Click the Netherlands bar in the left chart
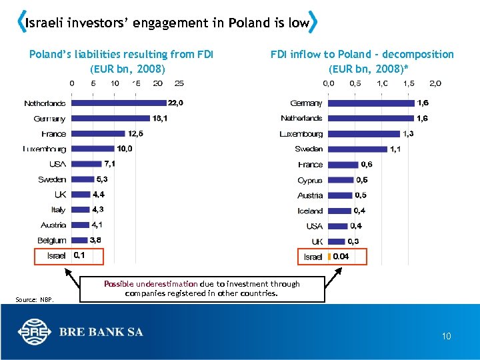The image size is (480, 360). (118, 103)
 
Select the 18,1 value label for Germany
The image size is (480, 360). (160, 119)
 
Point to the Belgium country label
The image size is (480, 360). (52, 240)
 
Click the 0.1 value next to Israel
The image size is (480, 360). (79, 255)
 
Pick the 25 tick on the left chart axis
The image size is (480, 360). (179, 83)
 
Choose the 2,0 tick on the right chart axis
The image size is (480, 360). (435, 83)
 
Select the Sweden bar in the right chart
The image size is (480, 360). (357, 149)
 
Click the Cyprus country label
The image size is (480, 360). (310, 180)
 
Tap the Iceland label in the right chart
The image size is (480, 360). (310, 211)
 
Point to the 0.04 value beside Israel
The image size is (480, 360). (341, 256)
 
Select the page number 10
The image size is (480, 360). (446, 337)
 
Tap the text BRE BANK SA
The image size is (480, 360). (101, 332)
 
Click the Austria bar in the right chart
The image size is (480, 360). (341, 195)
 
